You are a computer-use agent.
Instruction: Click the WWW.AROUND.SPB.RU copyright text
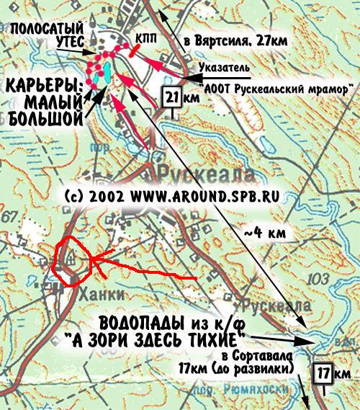click(x=208, y=195)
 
